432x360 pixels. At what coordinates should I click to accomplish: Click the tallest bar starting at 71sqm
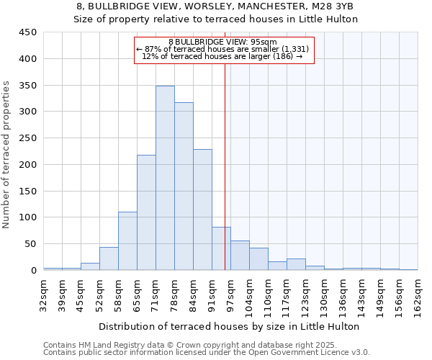(x=165, y=178)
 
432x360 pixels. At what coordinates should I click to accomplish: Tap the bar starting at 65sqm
(x=146, y=212)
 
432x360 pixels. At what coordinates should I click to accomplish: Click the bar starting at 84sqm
(x=202, y=210)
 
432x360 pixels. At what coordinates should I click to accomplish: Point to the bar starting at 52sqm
(x=109, y=258)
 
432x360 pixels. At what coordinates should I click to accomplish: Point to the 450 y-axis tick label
(x=28, y=32)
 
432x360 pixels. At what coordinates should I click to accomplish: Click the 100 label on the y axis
(x=28, y=217)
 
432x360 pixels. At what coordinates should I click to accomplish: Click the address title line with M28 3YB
(x=215, y=6)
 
